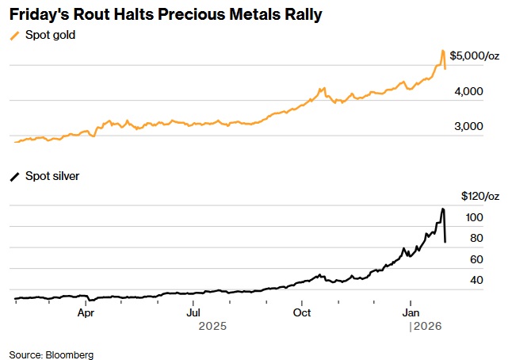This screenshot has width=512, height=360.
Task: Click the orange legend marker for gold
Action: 14,36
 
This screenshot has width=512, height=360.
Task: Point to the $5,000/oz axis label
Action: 475,56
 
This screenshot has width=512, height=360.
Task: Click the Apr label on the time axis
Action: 87,312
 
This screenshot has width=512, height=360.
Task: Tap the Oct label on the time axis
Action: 302,312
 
